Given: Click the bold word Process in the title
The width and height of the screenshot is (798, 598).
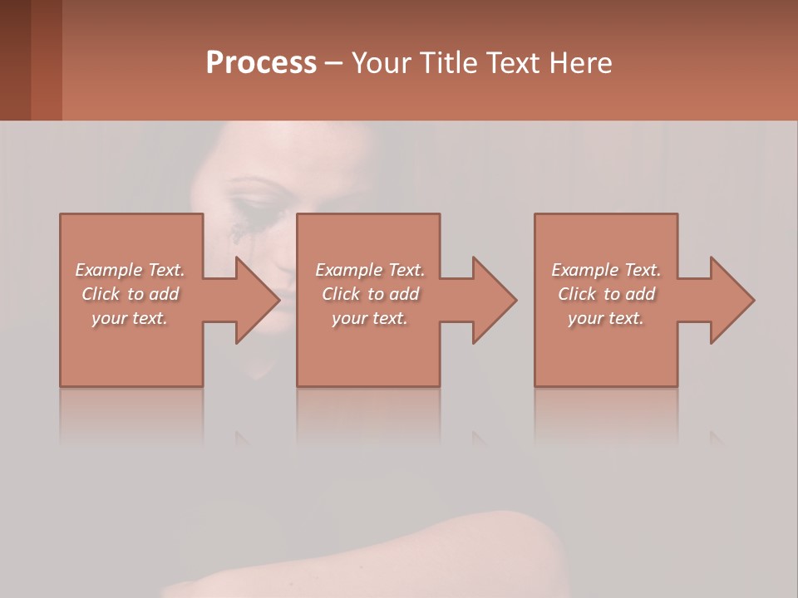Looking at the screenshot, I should coord(261,63).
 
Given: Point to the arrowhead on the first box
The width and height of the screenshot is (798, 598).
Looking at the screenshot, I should coord(254,300).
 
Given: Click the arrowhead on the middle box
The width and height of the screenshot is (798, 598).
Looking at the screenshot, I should coord(492,300).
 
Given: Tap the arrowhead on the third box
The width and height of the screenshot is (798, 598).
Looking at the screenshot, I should coord(730,300).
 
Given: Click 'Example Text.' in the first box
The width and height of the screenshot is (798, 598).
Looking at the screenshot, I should coord(131,270).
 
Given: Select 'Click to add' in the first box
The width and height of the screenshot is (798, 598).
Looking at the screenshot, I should coord(131,294).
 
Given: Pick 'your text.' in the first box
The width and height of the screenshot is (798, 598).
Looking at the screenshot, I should coord(131,318).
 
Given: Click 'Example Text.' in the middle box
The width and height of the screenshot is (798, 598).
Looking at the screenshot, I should coord(370,270).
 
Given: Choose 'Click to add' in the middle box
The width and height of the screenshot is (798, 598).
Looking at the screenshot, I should coord(370,294).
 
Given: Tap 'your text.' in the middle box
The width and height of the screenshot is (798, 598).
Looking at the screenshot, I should coord(370,318).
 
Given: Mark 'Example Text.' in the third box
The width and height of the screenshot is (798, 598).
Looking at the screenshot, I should coord(606,270).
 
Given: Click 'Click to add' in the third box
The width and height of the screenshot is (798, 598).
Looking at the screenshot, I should coord(606,294).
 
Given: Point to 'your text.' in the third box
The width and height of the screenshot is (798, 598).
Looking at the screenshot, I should coord(606,318).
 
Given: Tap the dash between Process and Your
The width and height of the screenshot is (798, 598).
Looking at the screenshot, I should coord(333,64).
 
